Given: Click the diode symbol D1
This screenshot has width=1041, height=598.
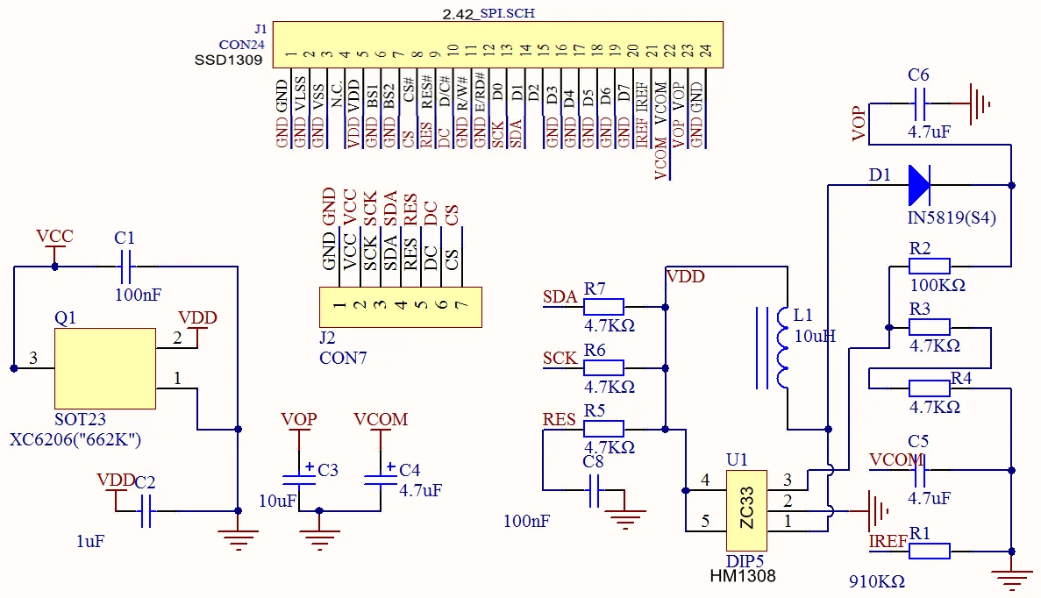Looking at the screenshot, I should pos(919,185).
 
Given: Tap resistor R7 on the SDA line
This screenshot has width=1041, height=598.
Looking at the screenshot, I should pos(603,307).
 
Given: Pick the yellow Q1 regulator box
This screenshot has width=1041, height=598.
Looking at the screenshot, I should pos(105,368).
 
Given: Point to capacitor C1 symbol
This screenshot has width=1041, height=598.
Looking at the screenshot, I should pos(125,260).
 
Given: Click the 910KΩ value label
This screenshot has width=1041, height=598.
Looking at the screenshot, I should pos(876,581).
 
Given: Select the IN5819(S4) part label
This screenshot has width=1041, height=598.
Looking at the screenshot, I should pos(952,217).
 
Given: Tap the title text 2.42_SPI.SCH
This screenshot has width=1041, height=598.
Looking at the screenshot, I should pos(488,13).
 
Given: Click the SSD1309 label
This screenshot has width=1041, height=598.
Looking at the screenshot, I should pos(228,60).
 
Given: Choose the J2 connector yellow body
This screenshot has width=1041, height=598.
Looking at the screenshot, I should pos(400,307).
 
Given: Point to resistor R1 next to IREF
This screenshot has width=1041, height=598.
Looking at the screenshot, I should pos(929,551).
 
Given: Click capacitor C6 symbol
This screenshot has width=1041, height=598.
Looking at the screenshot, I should pos(919,108).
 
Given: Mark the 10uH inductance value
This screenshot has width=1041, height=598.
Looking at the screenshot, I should pos(815,336).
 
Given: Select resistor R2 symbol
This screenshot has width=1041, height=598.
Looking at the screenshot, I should pos(929,267).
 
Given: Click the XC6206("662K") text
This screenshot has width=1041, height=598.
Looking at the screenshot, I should pos(75,439).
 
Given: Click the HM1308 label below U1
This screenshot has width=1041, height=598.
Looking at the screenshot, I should pos(743,576).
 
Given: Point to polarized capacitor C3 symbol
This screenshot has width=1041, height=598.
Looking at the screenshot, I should pos(299,477).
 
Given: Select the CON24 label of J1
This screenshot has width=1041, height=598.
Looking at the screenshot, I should pos(242,44).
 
